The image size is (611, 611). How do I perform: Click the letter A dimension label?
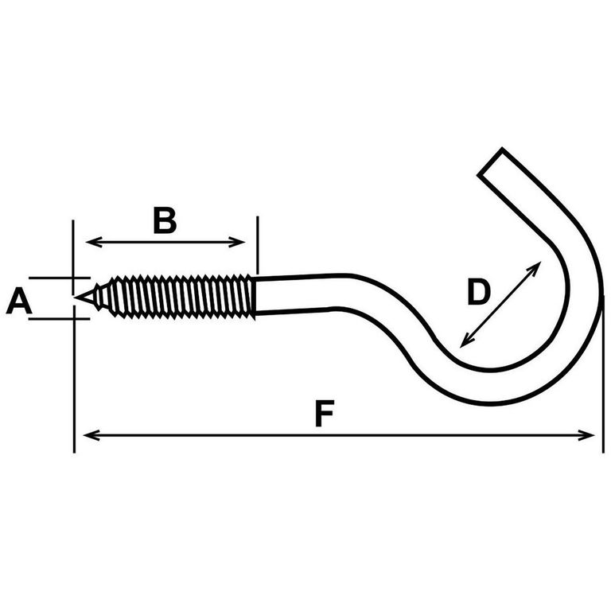19,301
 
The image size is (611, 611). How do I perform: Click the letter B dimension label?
165,220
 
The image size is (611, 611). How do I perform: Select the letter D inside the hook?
478,291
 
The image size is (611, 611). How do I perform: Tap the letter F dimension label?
325,414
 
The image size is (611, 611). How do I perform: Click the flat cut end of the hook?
490,162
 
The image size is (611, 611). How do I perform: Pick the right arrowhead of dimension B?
237,242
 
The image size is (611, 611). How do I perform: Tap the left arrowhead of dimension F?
91,435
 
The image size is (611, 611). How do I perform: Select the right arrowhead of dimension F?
586,435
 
